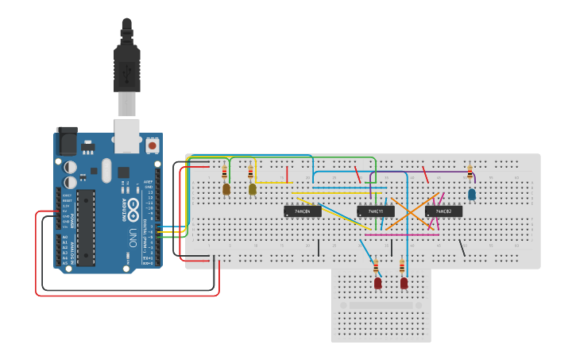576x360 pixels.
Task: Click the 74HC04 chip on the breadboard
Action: click(x=303, y=211)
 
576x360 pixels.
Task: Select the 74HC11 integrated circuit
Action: click(x=376, y=211)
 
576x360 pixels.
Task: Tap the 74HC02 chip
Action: click(x=443, y=211)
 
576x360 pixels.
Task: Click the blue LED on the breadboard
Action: click(x=472, y=194)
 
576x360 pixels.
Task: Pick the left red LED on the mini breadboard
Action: click(x=377, y=282)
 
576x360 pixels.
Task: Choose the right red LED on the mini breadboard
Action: click(x=404, y=282)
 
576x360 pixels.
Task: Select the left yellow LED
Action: click(x=226, y=189)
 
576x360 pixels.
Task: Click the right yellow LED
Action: click(x=253, y=189)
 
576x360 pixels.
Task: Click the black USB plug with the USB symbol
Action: click(x=127, y=68)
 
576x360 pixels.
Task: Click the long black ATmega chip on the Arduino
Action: click(x=86, y=226)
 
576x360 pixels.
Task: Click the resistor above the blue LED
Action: click(x=470, y=173)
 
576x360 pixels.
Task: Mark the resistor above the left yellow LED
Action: click(x=225, y=172)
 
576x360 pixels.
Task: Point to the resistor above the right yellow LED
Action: click(x=251, y=172)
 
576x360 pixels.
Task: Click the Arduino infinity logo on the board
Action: click(x=133, y=208)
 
